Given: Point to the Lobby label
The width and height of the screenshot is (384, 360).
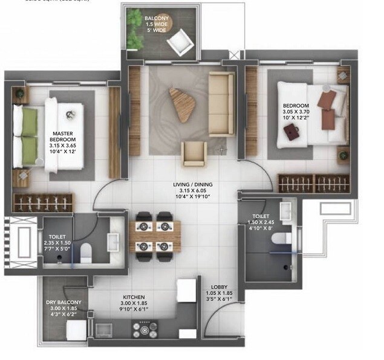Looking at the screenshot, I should tap(219, 287).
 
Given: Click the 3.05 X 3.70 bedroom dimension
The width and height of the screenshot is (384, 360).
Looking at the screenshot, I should tap(296, 112).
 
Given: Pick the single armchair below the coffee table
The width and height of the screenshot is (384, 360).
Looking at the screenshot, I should tap(195, 153).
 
